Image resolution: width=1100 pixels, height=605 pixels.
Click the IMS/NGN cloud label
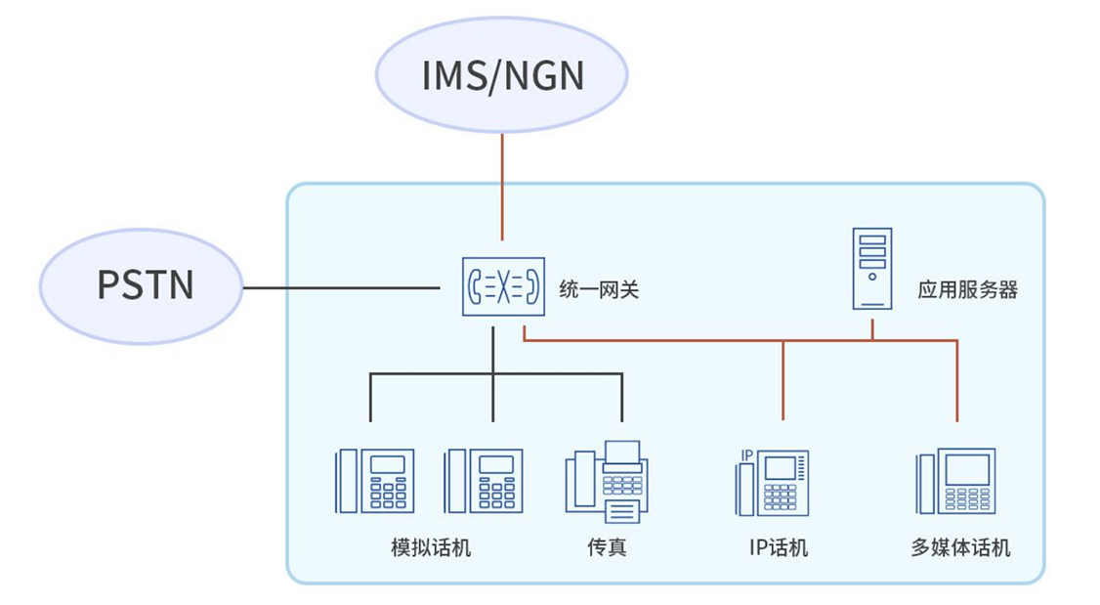click(x=502, y=75)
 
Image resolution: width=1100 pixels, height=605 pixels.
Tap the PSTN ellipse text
click(x=145, y=284)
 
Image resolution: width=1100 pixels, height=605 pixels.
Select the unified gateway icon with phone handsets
click(x=501, y=286)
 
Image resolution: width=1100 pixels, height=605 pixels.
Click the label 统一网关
click(x=598, y=289)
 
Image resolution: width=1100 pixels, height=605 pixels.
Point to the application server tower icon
click(x=872, y=268)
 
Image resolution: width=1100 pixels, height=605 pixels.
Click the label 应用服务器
click(x=967, y=289)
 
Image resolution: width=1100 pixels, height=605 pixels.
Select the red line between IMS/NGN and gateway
click(x=502, y=186)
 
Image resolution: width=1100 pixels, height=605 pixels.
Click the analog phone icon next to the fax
click(x=483, y=481)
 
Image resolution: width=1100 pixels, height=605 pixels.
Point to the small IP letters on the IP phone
click(x=746, y=454)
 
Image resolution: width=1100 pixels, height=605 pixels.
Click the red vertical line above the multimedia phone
click(x=956, y=381)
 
